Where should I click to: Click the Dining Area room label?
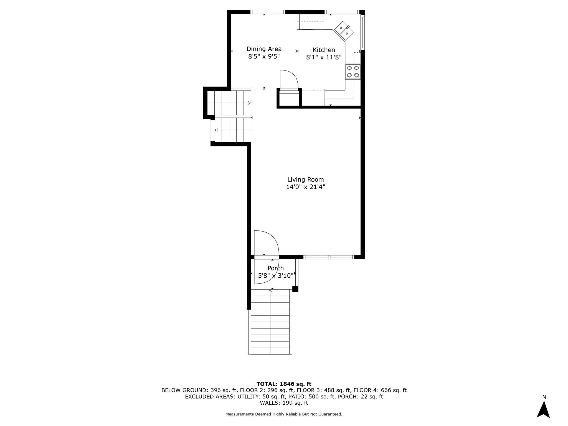264,49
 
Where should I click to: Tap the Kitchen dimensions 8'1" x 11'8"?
324,57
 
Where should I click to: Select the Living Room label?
305,180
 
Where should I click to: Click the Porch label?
275,268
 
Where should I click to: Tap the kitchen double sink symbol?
344,31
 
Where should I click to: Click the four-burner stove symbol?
353,72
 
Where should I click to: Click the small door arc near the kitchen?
289,79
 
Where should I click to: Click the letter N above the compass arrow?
544,397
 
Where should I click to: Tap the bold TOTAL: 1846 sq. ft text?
284,384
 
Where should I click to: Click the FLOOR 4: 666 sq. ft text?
380,390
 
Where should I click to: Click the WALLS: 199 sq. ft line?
284,403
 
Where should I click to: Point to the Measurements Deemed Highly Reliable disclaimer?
284,414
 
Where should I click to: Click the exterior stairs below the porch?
270,322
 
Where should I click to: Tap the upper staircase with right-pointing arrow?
229,103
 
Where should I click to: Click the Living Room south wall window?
329,257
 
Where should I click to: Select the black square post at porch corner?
295,289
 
